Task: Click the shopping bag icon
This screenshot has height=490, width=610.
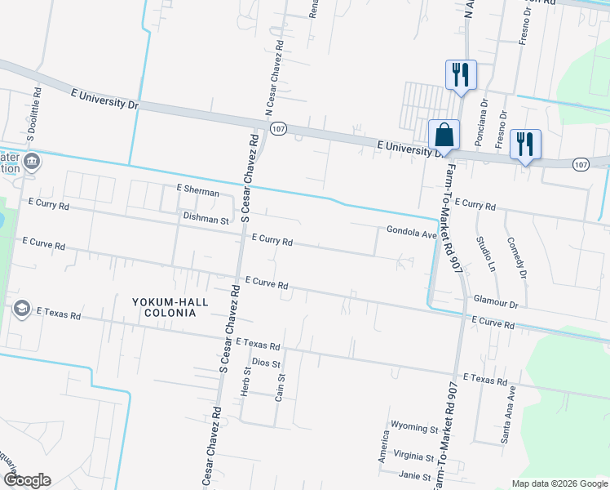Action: point(444,135)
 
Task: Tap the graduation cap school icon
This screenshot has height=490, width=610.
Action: point(21,307)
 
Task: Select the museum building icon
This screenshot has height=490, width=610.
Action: point(32,160)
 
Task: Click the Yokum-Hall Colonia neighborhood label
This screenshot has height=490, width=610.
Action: point(170,307)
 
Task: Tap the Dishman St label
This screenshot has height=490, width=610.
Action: point(206,219)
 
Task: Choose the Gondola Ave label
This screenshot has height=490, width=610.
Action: point(412,232)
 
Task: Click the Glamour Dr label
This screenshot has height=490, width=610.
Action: point(496,303)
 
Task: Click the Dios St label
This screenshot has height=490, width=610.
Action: point(267,362)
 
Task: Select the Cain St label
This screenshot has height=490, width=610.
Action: point(280,388)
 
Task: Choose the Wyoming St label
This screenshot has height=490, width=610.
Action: point(414,427)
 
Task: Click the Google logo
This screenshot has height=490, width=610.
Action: point(27,480)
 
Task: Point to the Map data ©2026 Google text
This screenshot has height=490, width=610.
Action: point(558,483)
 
